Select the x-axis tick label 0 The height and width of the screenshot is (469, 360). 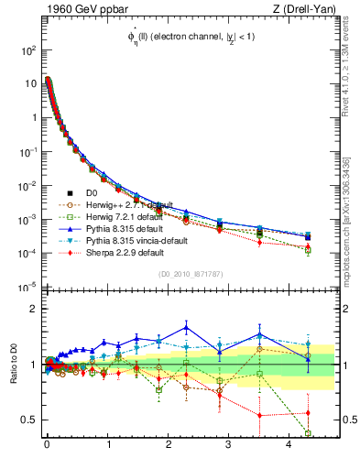(x=47, y=452)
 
